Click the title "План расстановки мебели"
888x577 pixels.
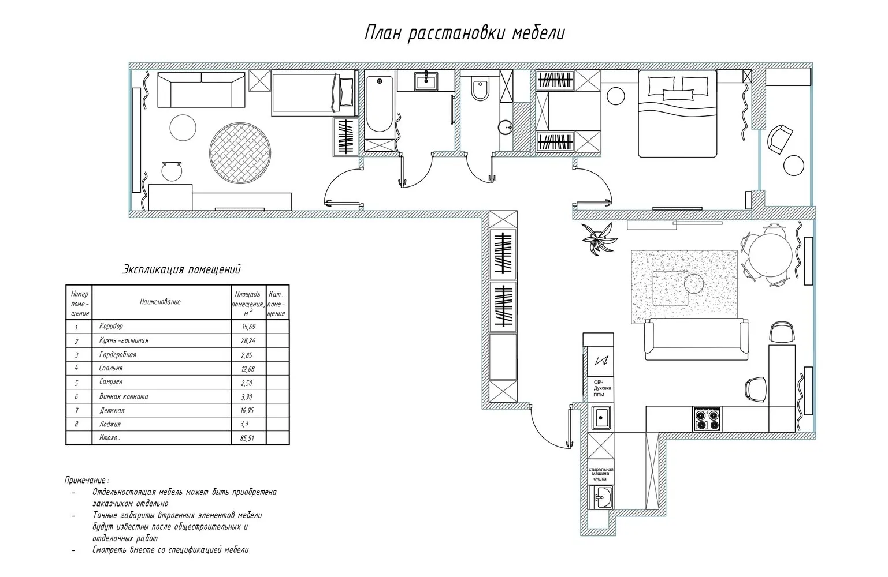(465, 33)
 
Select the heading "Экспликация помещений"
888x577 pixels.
(181, 269)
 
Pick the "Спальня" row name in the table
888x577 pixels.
(111, 368)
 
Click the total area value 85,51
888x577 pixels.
(247, 438)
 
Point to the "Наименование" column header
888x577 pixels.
(160, 302)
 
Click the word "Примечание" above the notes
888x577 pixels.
(86, 480)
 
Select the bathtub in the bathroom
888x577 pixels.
(379, 104)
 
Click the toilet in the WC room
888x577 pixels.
(480, 89)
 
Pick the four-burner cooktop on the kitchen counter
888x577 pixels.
(707, 419)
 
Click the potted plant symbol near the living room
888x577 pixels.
(595, 237)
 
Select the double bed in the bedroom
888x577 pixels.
(677, 114)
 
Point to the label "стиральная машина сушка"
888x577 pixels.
(601, 474)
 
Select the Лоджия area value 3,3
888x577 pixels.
(247, 424)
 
